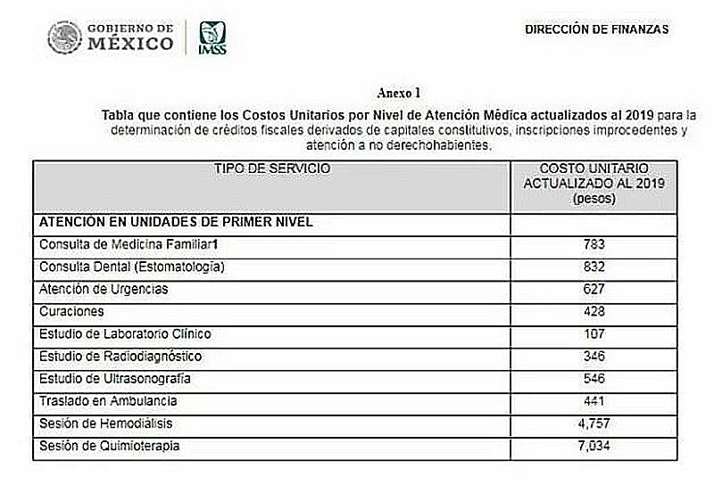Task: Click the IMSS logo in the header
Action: [x=212, y=37]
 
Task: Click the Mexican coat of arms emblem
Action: [x=64, y=37]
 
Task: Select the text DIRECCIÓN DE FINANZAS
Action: [x=596, y=29]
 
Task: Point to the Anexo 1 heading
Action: [x=399, y=93]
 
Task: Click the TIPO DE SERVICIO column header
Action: [x=272, y=168]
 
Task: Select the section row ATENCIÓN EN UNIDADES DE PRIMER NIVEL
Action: [x=176, y=221]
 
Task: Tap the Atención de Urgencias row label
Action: [x=104, y=289]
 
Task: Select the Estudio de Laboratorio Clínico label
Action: [x=125, y=333]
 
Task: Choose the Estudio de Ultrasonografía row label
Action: [x=115, y=378]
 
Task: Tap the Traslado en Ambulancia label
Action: [x=108, y=400]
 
